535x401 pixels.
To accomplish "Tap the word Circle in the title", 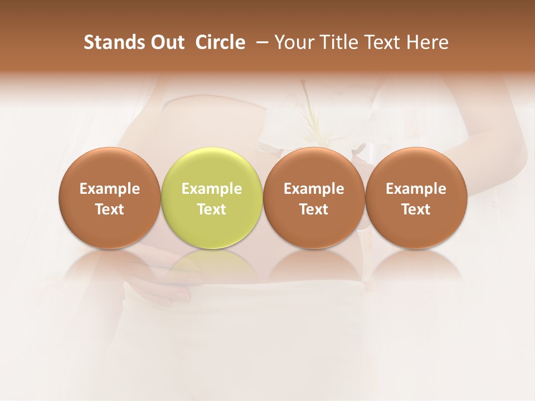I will click(220, 42).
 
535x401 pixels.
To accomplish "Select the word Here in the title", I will click(427, 42).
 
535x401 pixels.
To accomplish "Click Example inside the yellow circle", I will click(212, 189).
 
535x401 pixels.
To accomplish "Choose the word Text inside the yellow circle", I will click(212, 209).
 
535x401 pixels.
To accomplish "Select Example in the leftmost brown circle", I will click(110, 189).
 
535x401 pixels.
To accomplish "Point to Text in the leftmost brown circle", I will click(110, 209).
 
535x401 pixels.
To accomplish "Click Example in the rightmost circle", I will click(416, 189).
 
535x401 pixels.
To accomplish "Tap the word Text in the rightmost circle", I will click(416, 209).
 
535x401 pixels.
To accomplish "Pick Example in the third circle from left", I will click(314, 189).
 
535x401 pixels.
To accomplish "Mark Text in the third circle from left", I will click(314, 209).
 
